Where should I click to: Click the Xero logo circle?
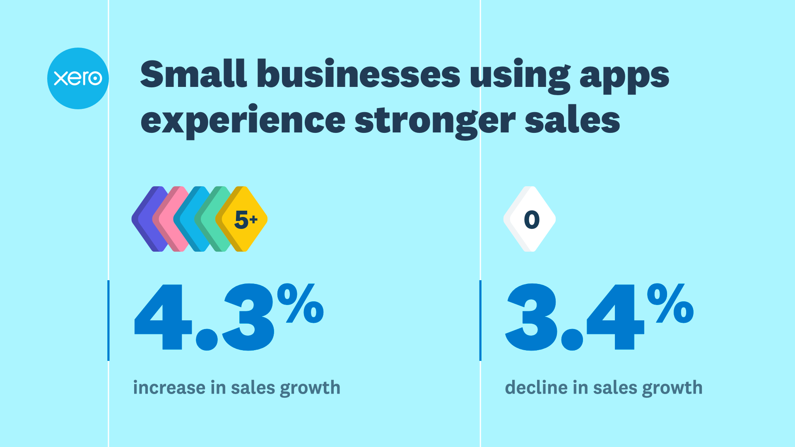point(78,78)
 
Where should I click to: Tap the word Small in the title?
point(193,74)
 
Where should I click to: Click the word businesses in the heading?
point(358,74)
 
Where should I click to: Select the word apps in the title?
point(624,77)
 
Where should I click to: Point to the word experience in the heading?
point(243,121)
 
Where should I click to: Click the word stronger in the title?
point(435,121)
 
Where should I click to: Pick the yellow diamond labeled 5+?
point(244,219)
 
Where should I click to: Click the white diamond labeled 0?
point(530,219)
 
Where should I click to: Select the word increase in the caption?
point(169,388)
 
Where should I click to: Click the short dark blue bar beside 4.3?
point(108,320)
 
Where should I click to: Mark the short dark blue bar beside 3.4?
point(480,320)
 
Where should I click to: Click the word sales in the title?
point(572,121)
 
